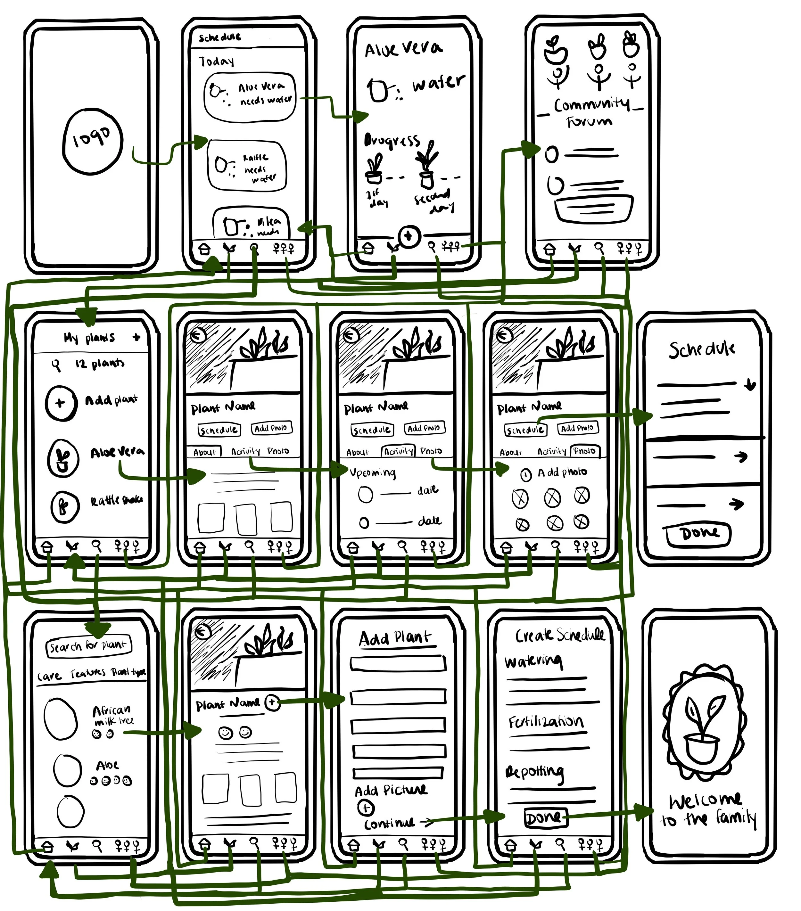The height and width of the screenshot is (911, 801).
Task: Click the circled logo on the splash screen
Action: coord(92,141)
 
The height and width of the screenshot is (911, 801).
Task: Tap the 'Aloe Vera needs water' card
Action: coord(250,97)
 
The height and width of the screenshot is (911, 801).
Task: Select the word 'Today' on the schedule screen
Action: coord(216,61)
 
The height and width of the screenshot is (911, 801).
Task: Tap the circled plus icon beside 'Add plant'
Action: coord(60,403)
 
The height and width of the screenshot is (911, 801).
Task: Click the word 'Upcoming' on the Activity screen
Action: coord(373,472)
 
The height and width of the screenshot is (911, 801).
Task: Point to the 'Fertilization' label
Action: coord(546,722)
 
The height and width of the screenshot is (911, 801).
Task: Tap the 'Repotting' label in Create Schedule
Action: coord(534,773)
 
